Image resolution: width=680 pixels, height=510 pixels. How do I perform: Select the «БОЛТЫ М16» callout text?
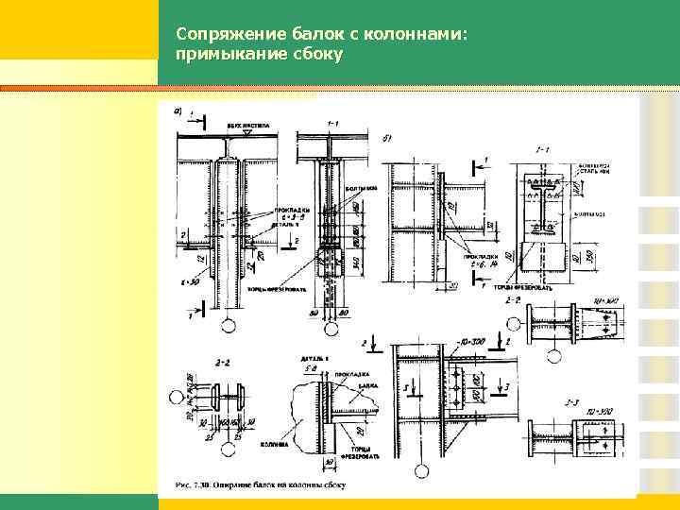pyautogui.click(x=363, y=187)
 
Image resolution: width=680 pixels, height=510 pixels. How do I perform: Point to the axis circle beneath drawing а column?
pyautogui.click(x=229, y=328)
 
